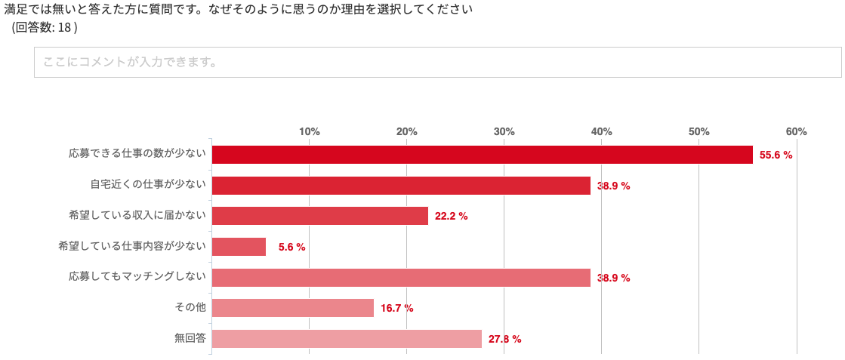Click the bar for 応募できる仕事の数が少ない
tap(482, 155)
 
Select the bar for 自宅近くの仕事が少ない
tap(401, 186)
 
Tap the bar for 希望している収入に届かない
tap(320, 216)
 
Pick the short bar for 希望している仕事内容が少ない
tap(239, 247)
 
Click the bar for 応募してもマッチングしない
tap(401, 278)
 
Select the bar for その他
tap(293, 308)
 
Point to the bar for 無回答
tap(347, 339)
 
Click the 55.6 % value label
tap(776, 155)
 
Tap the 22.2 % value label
tap(451, 217)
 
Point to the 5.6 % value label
tap(291, 248)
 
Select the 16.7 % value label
tap(396, 309)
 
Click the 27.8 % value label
tap(504, 340)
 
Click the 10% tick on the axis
tap(310, 131)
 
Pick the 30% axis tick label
tap(504, 131)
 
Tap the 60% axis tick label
tap(796, 131)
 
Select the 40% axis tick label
tap(601, 131)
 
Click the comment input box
tap(437, 63)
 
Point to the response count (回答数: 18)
tap(45, 28)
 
